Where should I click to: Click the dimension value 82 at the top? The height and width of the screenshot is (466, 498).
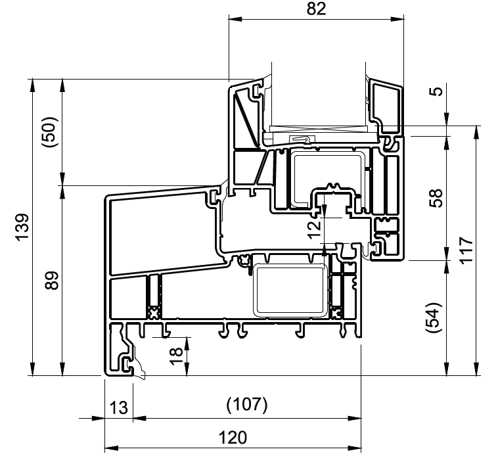pos(316,9)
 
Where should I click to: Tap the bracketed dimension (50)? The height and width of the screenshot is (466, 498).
pos(49,132)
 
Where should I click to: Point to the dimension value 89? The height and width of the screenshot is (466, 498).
pos(52,281)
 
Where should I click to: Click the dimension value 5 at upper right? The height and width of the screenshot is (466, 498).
pos(437,91)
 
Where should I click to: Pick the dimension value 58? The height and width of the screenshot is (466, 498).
pos(437,198)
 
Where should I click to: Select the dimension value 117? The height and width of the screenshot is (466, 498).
pos(466,250)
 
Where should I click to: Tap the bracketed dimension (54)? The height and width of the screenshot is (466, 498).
pos(434,317)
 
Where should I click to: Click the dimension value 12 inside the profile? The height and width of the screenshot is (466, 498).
pos(315,229)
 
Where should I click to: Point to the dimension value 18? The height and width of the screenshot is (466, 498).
pos(176,356)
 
